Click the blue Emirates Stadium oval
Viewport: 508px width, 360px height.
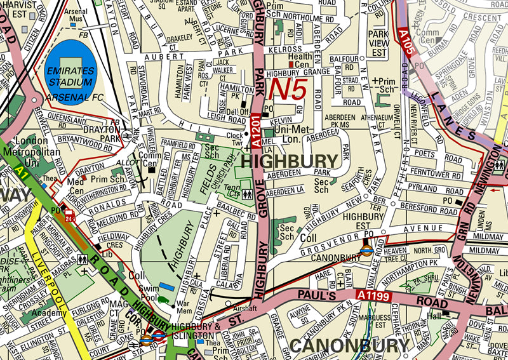click(71, 73)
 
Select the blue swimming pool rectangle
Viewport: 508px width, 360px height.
click(166, 288)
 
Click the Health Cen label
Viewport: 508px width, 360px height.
click(300, 60)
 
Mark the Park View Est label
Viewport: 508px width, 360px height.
click(379, 39)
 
